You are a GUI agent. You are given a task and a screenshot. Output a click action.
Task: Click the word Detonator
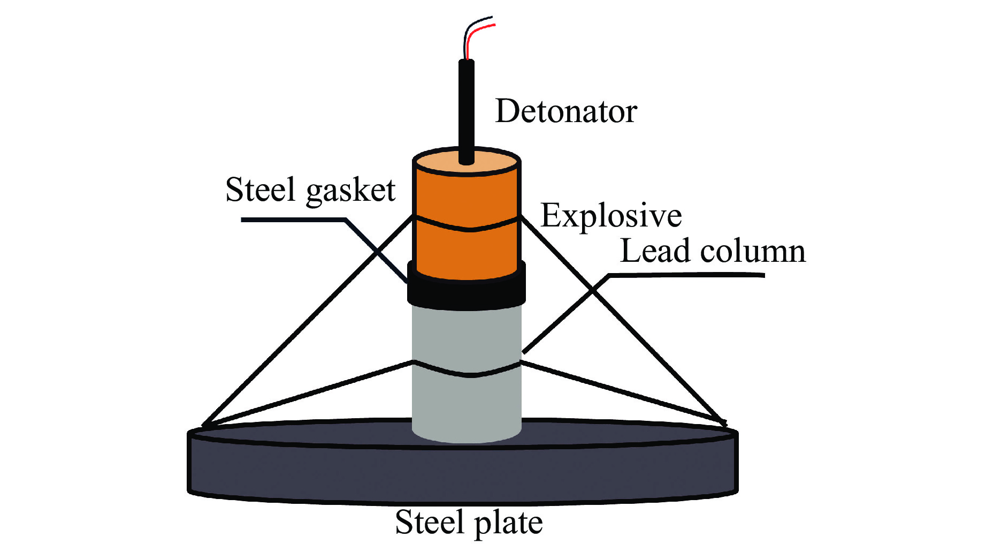[565, 111]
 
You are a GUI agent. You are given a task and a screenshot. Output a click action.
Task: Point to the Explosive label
[611, 216]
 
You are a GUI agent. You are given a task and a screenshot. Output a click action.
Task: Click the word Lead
[654, 251]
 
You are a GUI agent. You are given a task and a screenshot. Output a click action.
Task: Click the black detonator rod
[466, 107]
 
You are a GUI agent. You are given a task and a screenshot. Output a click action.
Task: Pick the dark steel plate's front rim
[463, 474]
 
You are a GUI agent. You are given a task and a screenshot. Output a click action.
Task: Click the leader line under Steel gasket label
[292, 220]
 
